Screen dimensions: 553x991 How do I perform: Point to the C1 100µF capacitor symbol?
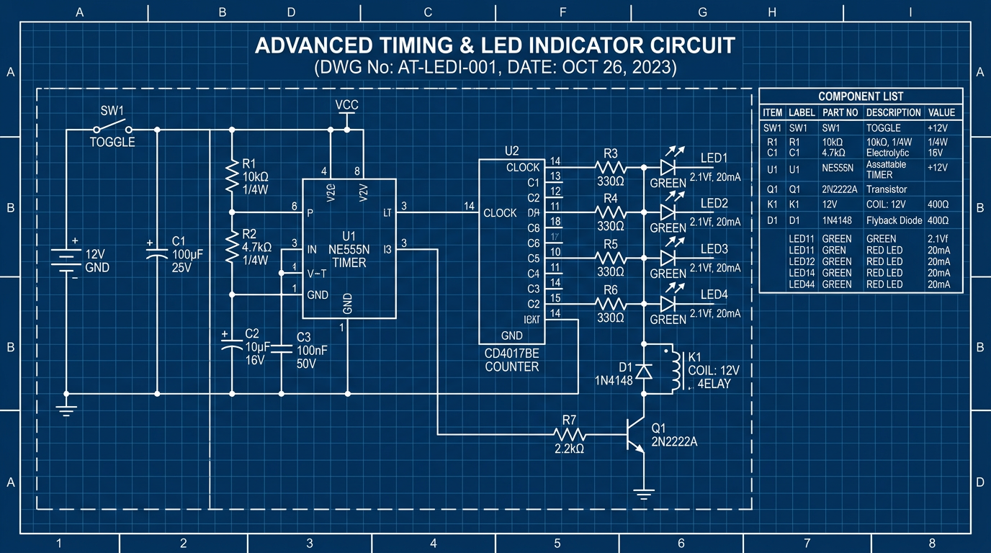(158, 253)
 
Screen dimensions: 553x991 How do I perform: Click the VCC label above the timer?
(347, 105)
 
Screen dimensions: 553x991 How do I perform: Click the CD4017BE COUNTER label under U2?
(511, 361)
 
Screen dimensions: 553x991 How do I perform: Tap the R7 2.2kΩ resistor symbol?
(570, 434)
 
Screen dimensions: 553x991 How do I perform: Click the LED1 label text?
(714, 158)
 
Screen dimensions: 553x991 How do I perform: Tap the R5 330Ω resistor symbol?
(610, 258)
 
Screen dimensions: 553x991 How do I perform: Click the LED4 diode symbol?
(667, 304)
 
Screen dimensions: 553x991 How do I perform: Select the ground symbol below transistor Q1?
(643, 494)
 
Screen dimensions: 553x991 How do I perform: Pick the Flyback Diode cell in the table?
(894, 220)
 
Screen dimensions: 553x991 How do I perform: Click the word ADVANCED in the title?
(312, 46)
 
